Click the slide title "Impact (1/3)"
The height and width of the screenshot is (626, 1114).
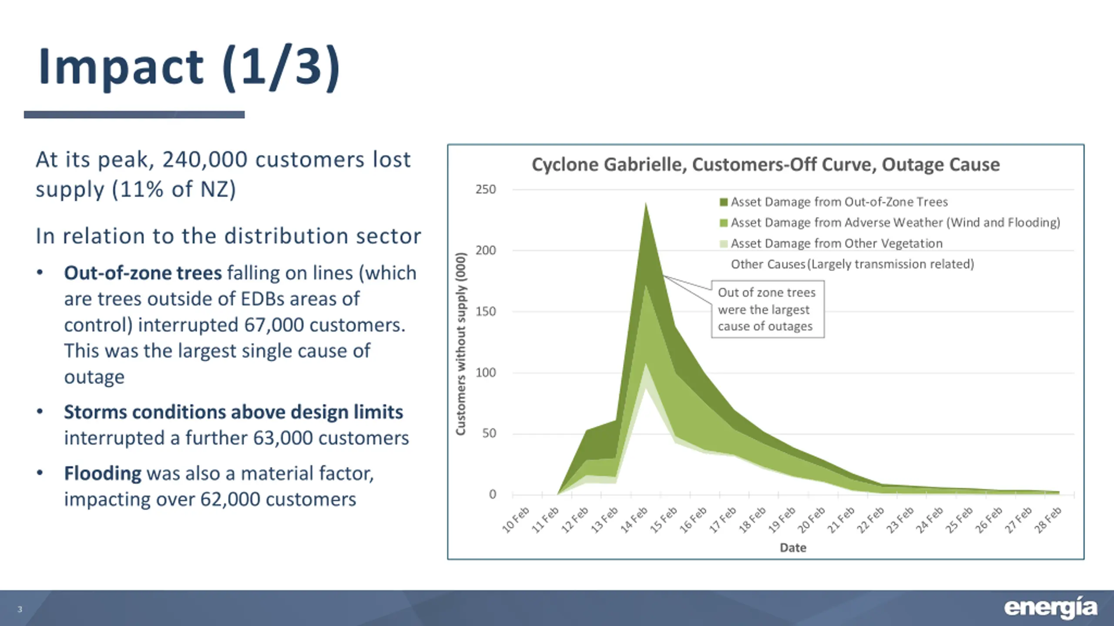[x=188, y=67]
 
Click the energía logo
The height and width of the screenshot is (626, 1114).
[x=1050, y=608]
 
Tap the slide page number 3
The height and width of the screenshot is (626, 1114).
[x=20, y=609]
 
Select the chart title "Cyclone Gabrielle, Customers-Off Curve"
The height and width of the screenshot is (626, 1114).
[x=765, y=165]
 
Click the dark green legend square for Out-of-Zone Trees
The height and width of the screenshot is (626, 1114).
[x=724, y=202]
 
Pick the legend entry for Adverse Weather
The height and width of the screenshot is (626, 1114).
[x=895, y=223]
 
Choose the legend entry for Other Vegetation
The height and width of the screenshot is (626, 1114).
[x=836, y=243]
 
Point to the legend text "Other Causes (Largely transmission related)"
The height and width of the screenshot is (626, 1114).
[x=852, y=264]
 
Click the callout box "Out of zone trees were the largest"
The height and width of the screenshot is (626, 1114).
[x=767, y=309]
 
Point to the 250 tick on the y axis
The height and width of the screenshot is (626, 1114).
[x=486, y=190]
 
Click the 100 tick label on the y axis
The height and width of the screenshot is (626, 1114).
[x=486, y=373]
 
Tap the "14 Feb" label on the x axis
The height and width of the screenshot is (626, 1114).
[x=634, y=520]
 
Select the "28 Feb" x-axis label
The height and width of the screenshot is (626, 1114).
[x=1048, y=520]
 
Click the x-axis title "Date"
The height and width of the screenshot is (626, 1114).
[x=793, y=548]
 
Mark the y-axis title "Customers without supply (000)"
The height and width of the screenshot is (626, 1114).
[x=460, y=343]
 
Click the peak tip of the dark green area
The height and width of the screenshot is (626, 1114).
[x=646, y=204]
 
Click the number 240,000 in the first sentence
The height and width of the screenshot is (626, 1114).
[x=205, y=160]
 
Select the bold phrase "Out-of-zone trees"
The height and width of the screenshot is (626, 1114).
[x=143, y=273]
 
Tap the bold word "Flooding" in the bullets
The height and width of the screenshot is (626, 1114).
[x=103, y=473]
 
